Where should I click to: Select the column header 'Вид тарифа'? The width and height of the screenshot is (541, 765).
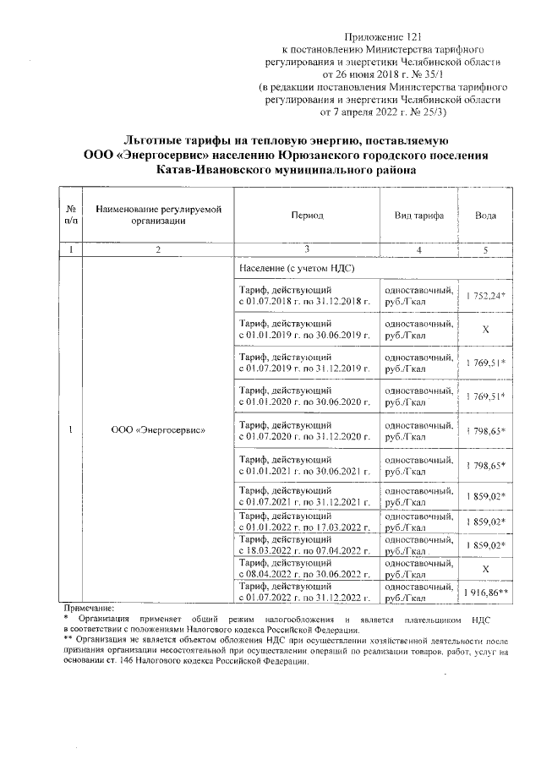tap(419, 216)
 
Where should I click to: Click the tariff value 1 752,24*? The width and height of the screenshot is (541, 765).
tap(485, 295)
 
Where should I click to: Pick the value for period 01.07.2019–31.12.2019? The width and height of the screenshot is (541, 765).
tap(485, 363)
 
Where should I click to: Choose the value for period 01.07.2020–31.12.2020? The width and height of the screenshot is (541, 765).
tap(485, 431)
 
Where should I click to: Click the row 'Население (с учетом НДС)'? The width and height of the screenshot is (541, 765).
tap(296, 268)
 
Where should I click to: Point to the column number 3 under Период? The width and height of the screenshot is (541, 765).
tap(307, 249)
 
